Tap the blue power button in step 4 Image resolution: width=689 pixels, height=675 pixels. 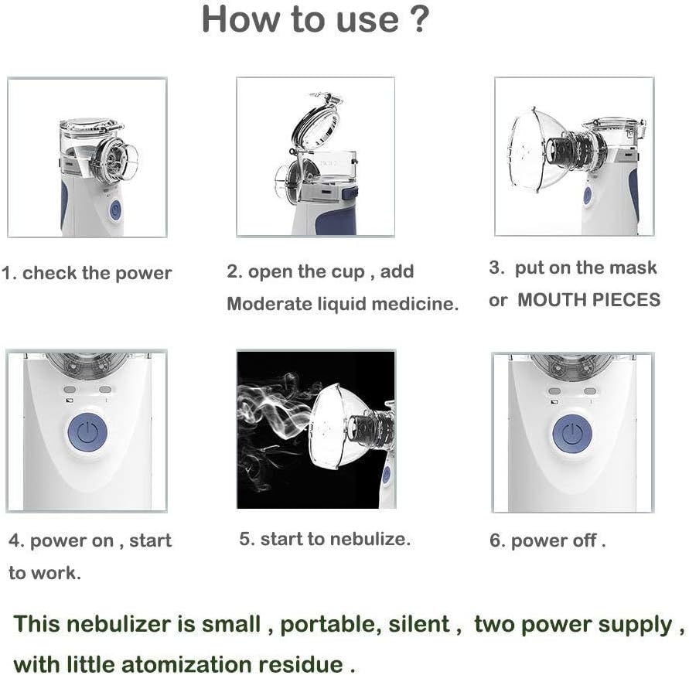(x=87, y=432)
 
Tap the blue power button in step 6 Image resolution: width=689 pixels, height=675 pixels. (x=571, y=434)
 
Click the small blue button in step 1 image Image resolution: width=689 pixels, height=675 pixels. (x=115, y=210)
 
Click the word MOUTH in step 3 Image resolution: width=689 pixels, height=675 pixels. (x=551, y=300)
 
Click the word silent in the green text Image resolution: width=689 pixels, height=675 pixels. (x=419, y=624)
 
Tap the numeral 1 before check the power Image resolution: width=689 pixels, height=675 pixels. (x=6, y=273)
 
